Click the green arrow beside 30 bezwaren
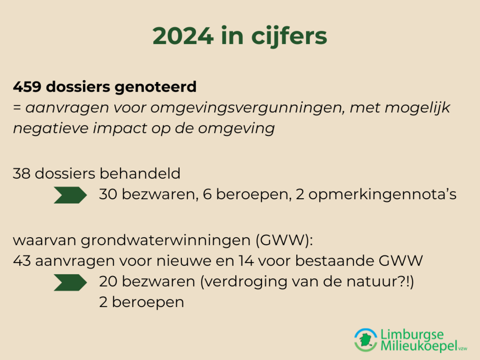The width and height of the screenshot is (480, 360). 70,195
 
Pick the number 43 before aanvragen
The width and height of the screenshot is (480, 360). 22,261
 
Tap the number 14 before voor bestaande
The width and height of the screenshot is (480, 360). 246,261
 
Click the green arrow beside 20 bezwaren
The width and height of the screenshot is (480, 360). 70,282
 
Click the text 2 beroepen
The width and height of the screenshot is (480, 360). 142,303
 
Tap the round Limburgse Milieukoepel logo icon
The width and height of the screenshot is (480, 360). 366,340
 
